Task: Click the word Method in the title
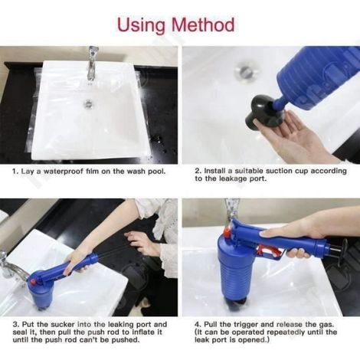coord(203,25)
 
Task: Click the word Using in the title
coord(141,25)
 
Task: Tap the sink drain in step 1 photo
coord(88,103)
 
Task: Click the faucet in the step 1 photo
coord(92,64)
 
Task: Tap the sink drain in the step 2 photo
coord(244,69)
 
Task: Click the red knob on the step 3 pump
coord(33,282)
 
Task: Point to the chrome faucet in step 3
coord(10,266)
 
